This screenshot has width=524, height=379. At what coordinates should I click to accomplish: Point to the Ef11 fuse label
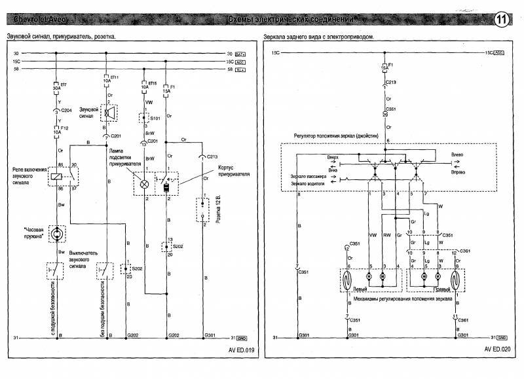[114, 79]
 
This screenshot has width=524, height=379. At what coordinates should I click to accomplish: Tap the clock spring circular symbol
[58, 234]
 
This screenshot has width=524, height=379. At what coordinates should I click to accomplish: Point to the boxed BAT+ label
[240, 54]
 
